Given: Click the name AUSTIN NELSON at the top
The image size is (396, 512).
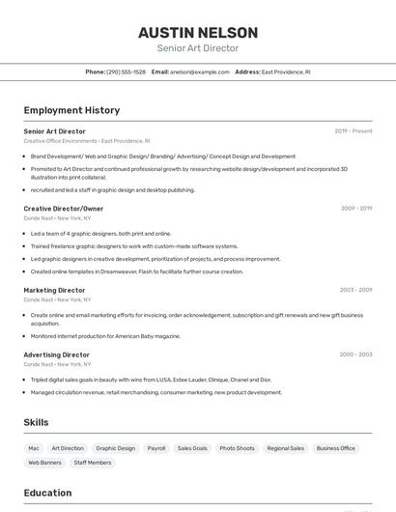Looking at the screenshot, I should (x=197, y=32).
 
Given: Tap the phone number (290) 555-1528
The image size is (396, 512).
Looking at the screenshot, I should (x=127, y=71).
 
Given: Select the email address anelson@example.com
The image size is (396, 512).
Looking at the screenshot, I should (x=200, y=71).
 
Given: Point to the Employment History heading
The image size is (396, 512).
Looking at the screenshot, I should (x=71, y=110).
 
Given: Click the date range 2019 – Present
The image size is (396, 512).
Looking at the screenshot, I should (x=354, y=131).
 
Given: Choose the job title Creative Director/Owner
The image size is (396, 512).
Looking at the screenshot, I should (x=64, y=209).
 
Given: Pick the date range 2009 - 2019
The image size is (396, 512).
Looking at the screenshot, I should (x=356, y=209).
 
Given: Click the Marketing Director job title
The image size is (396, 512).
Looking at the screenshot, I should (x=54, y=290).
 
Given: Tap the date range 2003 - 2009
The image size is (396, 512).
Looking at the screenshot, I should (x=355, y=290).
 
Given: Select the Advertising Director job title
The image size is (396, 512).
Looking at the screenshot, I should (x=56, y=355).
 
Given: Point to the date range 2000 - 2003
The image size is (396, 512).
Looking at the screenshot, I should (x=355, y=355).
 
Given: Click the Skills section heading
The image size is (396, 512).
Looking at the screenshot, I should (x=36, y=422).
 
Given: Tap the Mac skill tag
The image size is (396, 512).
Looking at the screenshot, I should (x=34, y=448).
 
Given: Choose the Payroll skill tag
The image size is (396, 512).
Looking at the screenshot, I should (x=156, y=448).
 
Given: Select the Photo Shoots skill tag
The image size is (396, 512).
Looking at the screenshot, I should (x=237, y=448).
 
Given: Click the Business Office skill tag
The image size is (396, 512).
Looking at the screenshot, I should (x=336, y=448).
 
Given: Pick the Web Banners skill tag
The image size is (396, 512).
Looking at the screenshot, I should (x=44, y=463).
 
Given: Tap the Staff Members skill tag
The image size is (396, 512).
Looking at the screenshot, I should (x=93, y=463).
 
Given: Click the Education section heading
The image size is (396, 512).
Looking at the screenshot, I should (x=47, y=493).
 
